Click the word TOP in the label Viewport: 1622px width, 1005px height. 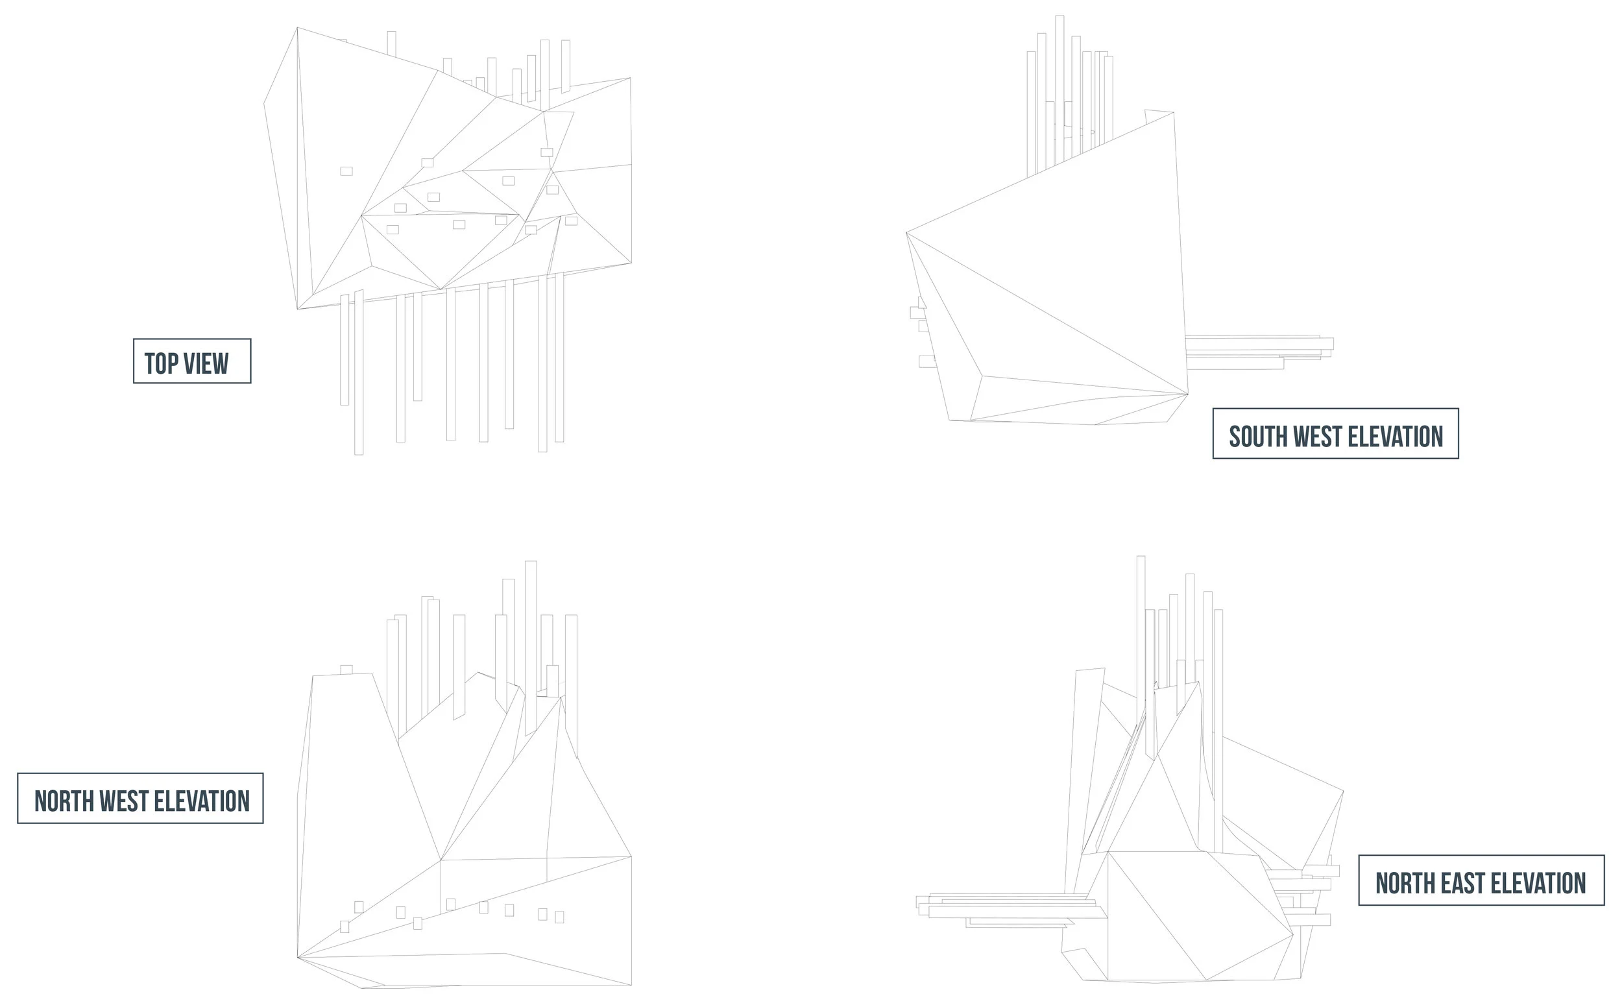click(x=162, y=363)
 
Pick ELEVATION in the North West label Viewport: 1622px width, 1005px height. click(x=201, y=801)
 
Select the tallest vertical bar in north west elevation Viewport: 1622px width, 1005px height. click(x=530, y=645)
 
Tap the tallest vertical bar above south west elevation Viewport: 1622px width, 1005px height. click(x=1059, y=86)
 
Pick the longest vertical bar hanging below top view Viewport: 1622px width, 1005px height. click(x=359, y=372)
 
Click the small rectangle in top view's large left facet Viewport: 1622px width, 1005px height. click(x=346, y=171)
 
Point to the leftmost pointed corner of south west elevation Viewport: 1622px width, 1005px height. click(x=908, y=233)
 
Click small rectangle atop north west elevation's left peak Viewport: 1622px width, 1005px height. click(x=346, y=670)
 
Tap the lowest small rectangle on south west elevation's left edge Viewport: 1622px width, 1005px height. click(x=927, y=361)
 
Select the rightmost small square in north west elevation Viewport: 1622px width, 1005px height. click(x=559, y=917)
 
